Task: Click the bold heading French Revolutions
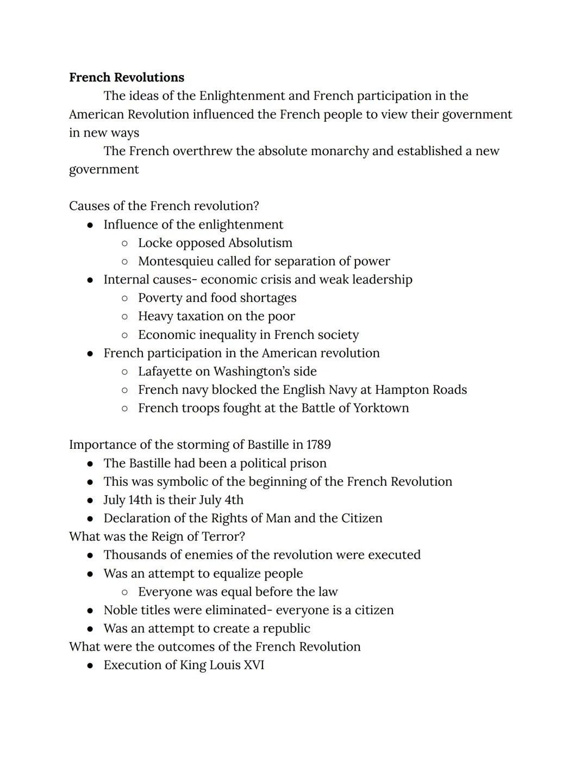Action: coord(126,77)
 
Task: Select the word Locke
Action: coord(154,243)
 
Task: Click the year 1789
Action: coord(318,444)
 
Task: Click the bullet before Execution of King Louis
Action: coord(90,665)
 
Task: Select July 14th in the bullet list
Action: coord(128,500)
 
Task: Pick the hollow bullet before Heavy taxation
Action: coord(125,317)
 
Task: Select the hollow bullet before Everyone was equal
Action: coord(125,592)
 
